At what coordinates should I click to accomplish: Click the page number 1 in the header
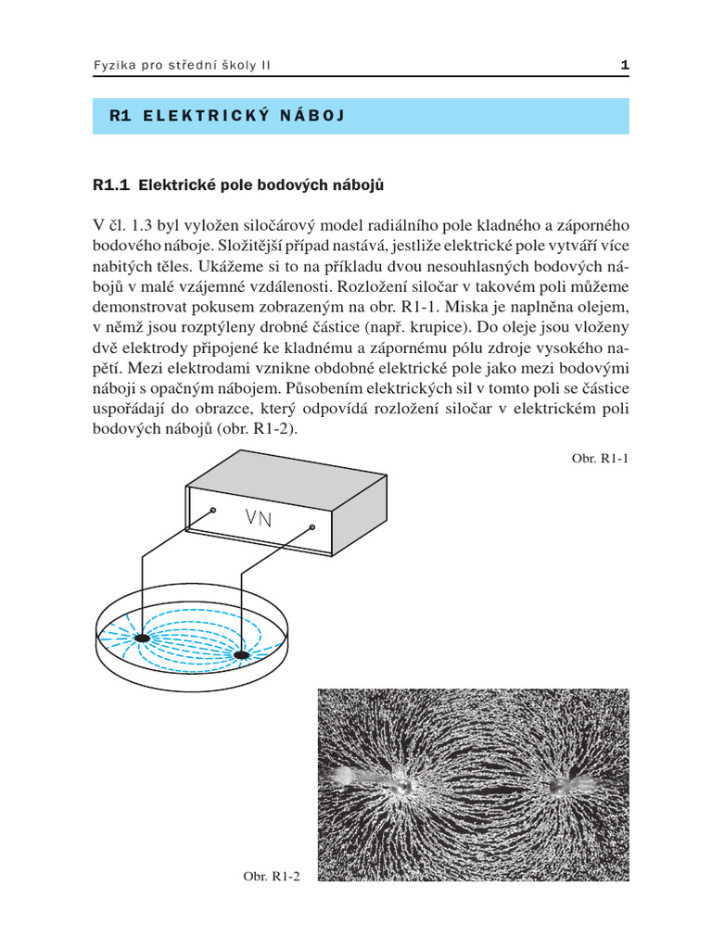coord(625,66)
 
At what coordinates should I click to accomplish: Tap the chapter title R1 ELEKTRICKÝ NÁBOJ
coord(227,117)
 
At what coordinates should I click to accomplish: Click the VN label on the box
coord(259,518)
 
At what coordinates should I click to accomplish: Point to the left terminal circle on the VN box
coord(212,510)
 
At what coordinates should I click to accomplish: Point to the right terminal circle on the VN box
coord(312,527)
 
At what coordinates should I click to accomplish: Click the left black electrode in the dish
coord(142,639)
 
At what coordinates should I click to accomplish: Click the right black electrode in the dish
coord(242,656)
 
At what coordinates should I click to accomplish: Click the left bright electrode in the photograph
coord(400,785)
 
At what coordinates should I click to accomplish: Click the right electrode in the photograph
coord(562,786)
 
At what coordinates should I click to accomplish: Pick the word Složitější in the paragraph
coord(265,246)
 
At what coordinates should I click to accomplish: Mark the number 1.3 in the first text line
coord(136,225)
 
